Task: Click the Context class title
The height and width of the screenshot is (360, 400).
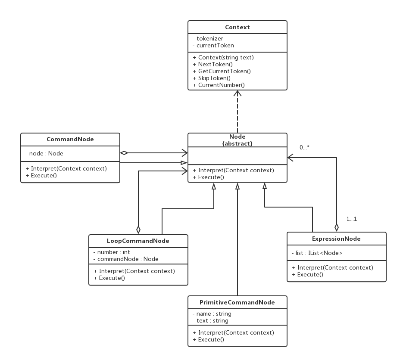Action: pos(237,27)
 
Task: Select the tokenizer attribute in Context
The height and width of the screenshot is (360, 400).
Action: pos(208,38)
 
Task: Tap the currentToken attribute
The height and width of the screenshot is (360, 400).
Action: pos(213,45)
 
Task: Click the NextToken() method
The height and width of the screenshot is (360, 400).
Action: pos(213,64)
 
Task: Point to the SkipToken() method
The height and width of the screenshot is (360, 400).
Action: pos(212,78)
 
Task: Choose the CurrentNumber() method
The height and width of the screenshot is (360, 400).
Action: pos(219,85)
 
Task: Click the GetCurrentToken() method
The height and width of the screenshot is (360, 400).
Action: pos(222,71)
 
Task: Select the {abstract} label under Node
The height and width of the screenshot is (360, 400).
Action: pos(237,144)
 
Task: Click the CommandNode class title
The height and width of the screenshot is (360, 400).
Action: pos(70,139)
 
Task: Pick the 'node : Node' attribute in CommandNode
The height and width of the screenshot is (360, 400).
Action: pos(44,153)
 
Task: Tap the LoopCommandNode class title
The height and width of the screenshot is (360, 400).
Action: pos(138,241)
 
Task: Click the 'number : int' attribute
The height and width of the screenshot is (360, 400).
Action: pos(112,252)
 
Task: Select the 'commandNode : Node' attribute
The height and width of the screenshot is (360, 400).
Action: pos(126,259)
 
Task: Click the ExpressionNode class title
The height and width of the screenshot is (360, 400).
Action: pos(336,239)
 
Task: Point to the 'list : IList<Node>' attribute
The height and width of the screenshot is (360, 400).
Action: pos(317,253)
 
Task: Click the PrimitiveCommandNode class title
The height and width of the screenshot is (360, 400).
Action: pos(237,302)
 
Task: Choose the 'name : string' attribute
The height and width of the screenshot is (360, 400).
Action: pos(212,313)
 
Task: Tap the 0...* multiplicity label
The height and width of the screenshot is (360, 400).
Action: pos(304,147)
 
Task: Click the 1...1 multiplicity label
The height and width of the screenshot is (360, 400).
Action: pos(352,219)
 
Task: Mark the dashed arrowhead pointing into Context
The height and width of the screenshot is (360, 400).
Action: pos(237,93)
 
